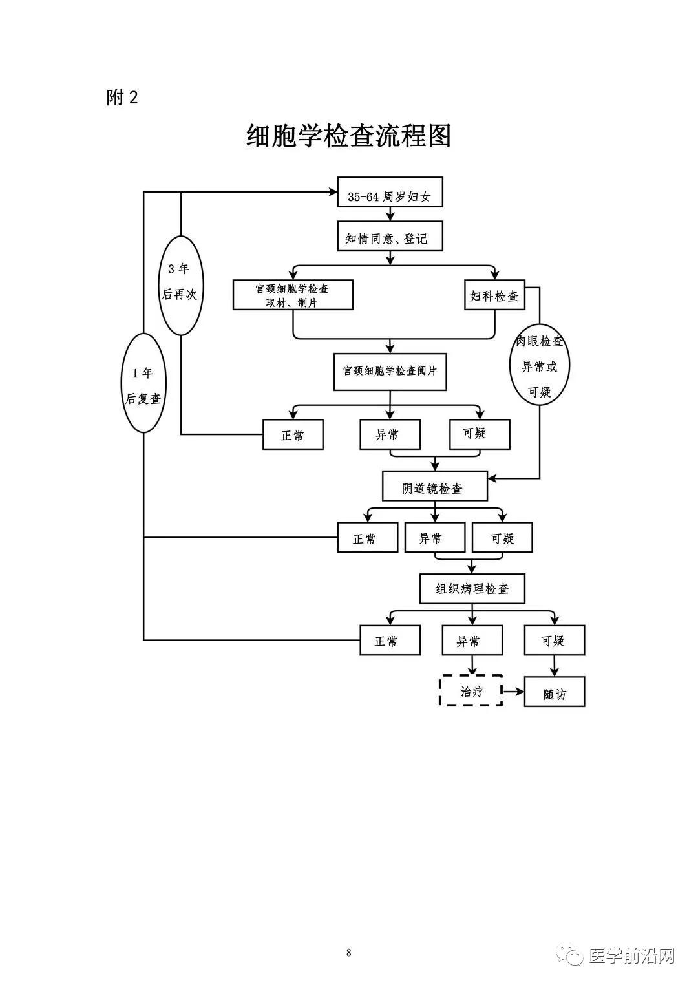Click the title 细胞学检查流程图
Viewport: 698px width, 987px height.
(x=348, y=136)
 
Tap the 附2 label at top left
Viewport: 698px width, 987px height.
(x=122, y=98)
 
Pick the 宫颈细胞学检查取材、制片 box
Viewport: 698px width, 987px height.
(x=293, y=295)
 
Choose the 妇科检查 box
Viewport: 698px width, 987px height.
(x=494, y=295)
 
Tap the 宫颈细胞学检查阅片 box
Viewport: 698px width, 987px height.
(x=390, y=372)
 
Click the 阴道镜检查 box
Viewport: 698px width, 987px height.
(x=434, y=486)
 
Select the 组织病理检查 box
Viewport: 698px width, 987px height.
(x=472, y=589)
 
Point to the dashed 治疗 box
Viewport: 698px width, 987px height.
(x=471, y=690)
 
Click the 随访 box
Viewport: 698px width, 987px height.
(x=555, y=692)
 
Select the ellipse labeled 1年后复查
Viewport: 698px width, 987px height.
(x=143, y=383)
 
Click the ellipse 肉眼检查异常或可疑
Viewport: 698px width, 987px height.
(x=540, y=365)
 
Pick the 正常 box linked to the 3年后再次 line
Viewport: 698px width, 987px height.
(x=293, y=434)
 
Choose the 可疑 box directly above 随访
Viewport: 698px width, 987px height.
(x=555, y=640)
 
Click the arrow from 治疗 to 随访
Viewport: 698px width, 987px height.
(x=514, y=691)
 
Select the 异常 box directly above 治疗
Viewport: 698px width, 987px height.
(x=472, y=640)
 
